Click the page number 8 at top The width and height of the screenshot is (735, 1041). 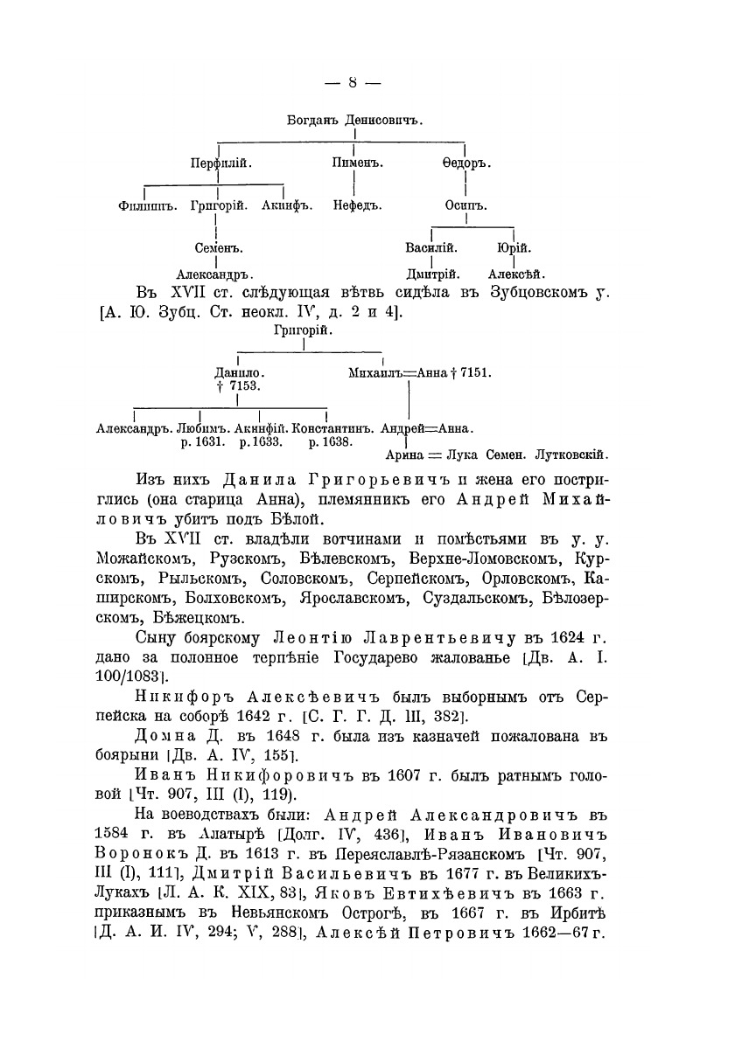(352, 83)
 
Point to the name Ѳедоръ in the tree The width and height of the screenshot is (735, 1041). (465, 163)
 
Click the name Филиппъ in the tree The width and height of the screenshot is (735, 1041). (147, 206)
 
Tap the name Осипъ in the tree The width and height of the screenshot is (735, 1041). (465, 206)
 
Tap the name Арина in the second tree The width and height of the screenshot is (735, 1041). (404, 455)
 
